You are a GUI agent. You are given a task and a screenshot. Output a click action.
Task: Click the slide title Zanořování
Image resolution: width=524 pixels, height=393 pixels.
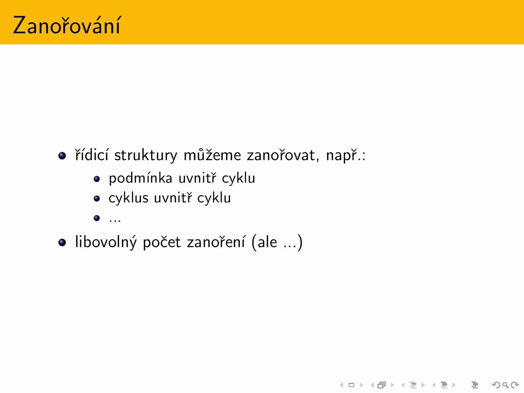67,25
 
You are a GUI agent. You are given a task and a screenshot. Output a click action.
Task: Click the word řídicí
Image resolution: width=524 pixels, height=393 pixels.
92,155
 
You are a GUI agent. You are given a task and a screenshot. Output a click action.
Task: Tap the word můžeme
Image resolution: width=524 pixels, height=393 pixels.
212,155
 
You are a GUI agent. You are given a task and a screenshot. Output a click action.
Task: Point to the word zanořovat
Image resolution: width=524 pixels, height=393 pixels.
283,155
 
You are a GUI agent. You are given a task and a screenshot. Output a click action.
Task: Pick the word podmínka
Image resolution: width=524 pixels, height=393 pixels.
140,178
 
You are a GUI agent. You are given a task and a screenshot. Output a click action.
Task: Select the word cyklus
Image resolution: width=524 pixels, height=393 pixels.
129,198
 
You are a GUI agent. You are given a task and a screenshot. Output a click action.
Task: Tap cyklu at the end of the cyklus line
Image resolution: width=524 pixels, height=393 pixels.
214,198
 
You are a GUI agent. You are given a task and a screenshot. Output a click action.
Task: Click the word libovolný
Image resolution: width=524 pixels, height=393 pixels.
106,242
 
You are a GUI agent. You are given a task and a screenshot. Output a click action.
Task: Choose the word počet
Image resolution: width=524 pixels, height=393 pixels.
162,242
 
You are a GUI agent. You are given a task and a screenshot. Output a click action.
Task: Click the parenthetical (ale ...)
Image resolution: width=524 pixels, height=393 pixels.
277,242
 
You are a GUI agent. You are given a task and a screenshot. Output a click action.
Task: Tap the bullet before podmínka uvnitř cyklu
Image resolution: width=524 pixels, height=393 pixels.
97,179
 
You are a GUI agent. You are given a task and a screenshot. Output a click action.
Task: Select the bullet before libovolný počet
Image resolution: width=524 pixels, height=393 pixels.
62,243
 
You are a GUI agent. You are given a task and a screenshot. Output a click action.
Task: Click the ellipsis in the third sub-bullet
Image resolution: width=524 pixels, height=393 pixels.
115,221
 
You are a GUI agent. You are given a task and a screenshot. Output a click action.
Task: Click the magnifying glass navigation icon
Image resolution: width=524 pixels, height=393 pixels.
506,385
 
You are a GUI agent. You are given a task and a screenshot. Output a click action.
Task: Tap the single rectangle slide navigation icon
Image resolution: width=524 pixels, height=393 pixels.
351,385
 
